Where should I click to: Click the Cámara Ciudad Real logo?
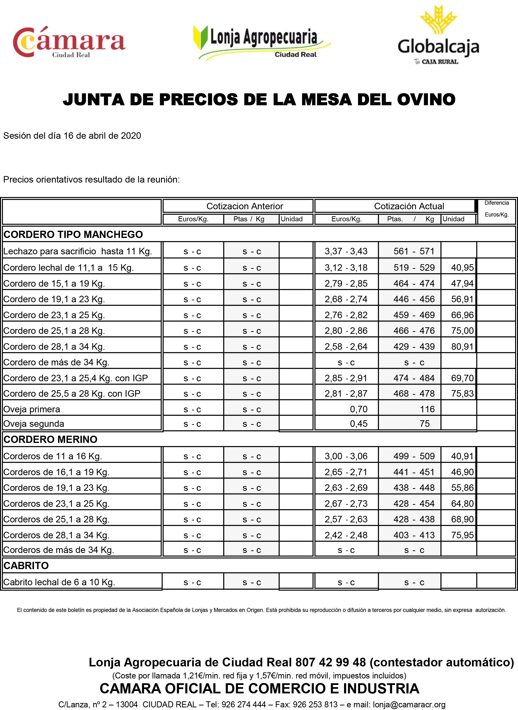[69, 42]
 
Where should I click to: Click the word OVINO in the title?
[426, 100]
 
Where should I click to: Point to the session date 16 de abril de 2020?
[102, 136]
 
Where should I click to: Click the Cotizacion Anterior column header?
[245, 206]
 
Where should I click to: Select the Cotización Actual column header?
[409, 206]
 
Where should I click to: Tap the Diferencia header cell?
[496, 203]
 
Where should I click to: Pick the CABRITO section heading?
[26, 565]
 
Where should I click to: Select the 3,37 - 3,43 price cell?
[346, 251]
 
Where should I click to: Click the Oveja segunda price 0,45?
[359, 424]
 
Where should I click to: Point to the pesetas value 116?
[427, 409]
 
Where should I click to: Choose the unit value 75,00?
[462, 331]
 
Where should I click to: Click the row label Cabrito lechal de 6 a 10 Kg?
[59, 582]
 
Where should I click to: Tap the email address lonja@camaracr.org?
[409, 705]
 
